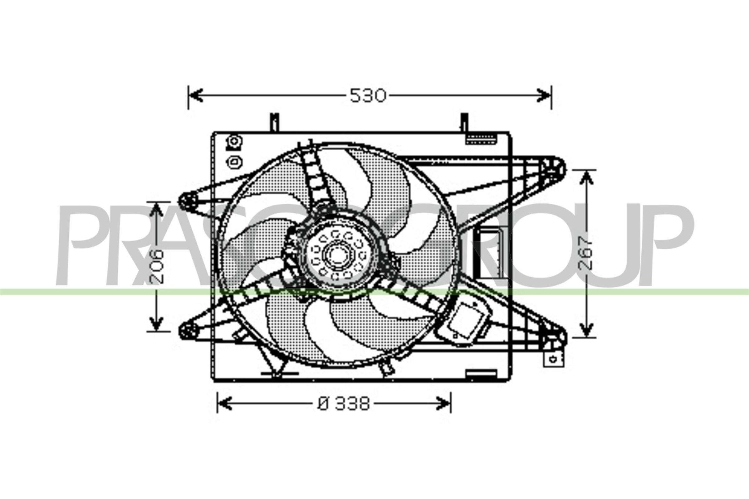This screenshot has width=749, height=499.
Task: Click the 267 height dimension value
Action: tap(586, 253)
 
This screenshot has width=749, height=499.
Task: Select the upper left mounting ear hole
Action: tap(188, 201)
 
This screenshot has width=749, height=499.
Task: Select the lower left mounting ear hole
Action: tap(188, 331)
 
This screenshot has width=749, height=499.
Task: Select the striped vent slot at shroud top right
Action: tap(482, 140)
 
